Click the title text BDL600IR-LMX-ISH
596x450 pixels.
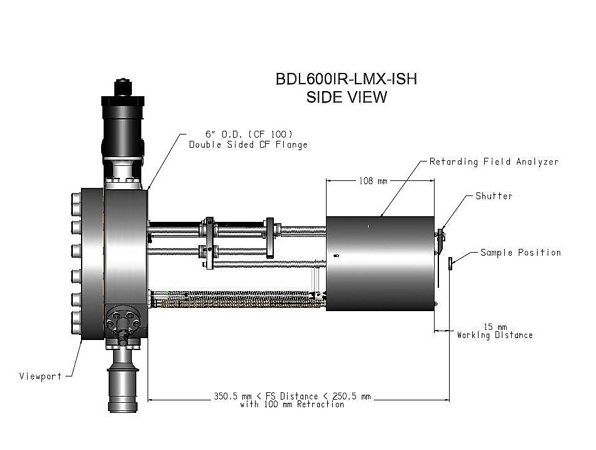tap(346, 79)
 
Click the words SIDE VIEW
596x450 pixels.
tap(346, 97)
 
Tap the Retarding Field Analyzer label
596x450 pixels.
tap(494, 162)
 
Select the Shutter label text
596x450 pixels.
tap(493, 196)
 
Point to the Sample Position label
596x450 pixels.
tap(520, 253)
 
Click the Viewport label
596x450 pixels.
tap(41, 376)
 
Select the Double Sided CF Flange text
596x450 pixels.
tap(248, 145)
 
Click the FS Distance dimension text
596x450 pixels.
tap(292, 397)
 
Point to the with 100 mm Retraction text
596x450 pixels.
tap(292, 405)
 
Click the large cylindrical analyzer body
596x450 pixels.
tap(380, 263)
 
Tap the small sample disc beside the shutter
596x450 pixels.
tap(451, 263)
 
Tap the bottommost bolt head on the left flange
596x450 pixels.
tap(76, 321)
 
